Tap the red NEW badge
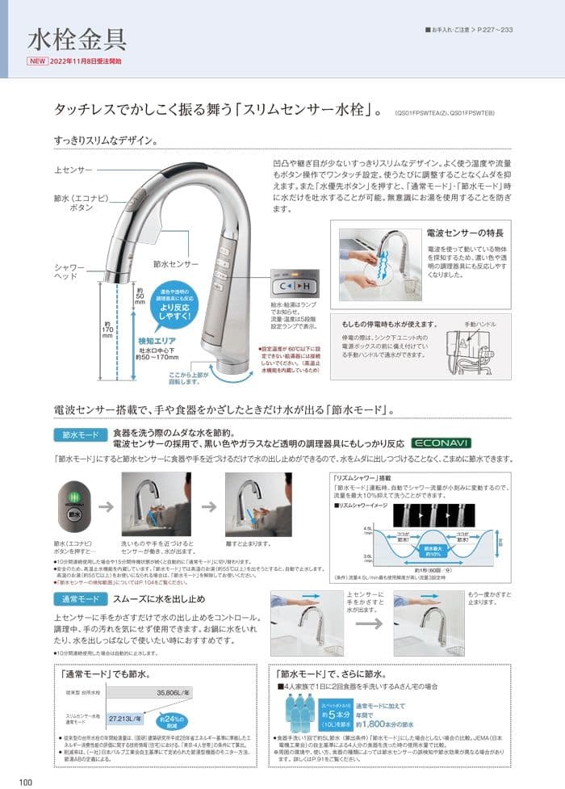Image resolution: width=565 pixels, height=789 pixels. [x=38, y=61]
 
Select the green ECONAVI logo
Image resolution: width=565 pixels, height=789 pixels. [x=441, y=443]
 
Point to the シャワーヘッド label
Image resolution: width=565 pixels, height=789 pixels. [x=69, y=271]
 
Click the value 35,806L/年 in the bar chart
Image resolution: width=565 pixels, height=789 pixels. [x=175, y=692]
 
